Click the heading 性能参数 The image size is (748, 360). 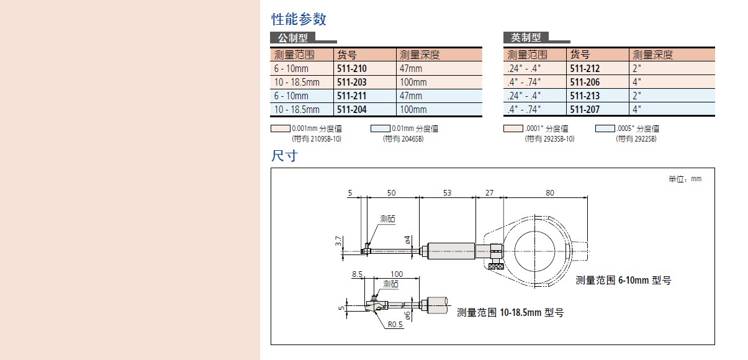coord(299,19)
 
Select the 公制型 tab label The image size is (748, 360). coord(293,38)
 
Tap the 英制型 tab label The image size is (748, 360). coord(526,38)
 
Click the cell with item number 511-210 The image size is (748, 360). coord(351,68)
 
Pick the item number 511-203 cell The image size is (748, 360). coord(351,82)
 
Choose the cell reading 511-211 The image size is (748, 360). coord(351,96)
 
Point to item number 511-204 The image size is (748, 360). coord(351,109)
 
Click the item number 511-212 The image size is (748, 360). coord(585,68)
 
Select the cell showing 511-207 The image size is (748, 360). coord(585,109)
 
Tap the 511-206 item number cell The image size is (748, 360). coord(585,82)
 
